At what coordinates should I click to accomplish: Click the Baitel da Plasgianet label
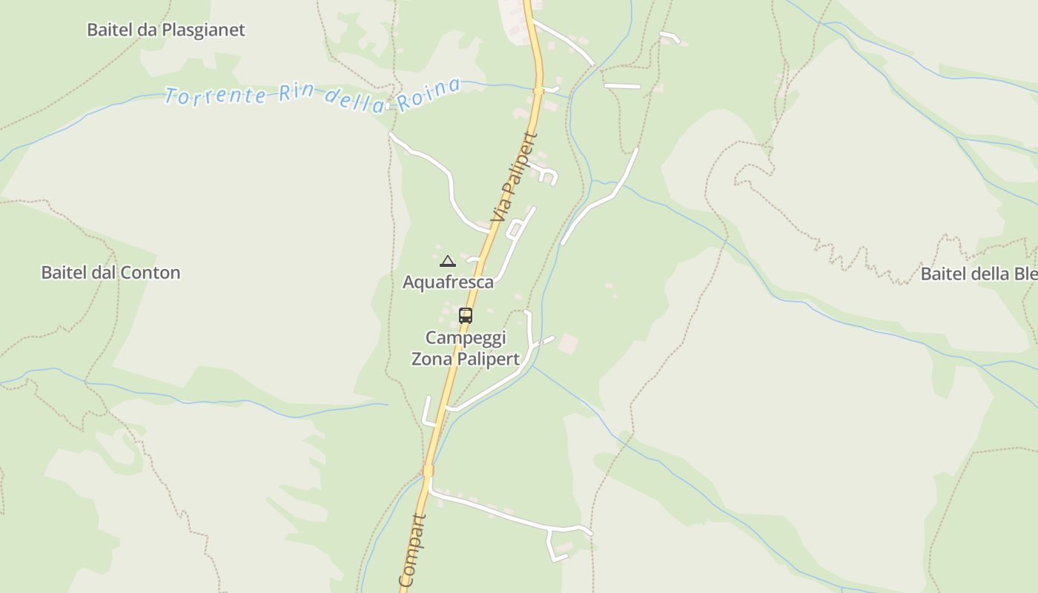165,30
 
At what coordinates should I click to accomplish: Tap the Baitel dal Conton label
110,273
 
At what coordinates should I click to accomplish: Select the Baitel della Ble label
979,274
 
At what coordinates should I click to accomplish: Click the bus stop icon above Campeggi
465,315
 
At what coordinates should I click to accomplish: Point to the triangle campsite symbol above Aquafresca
447,261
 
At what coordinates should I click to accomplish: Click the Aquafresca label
448,282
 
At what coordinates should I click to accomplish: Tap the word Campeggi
465,338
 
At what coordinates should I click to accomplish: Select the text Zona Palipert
465,359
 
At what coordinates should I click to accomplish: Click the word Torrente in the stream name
215,96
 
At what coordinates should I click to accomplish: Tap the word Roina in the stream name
428,94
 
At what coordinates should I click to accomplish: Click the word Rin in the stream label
296,95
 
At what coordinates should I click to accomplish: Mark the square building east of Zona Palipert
568,344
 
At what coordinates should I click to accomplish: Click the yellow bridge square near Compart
428,471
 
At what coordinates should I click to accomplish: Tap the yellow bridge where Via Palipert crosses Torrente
539,90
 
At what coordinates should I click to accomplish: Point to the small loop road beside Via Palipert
513,231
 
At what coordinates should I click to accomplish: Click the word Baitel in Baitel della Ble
942,274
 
